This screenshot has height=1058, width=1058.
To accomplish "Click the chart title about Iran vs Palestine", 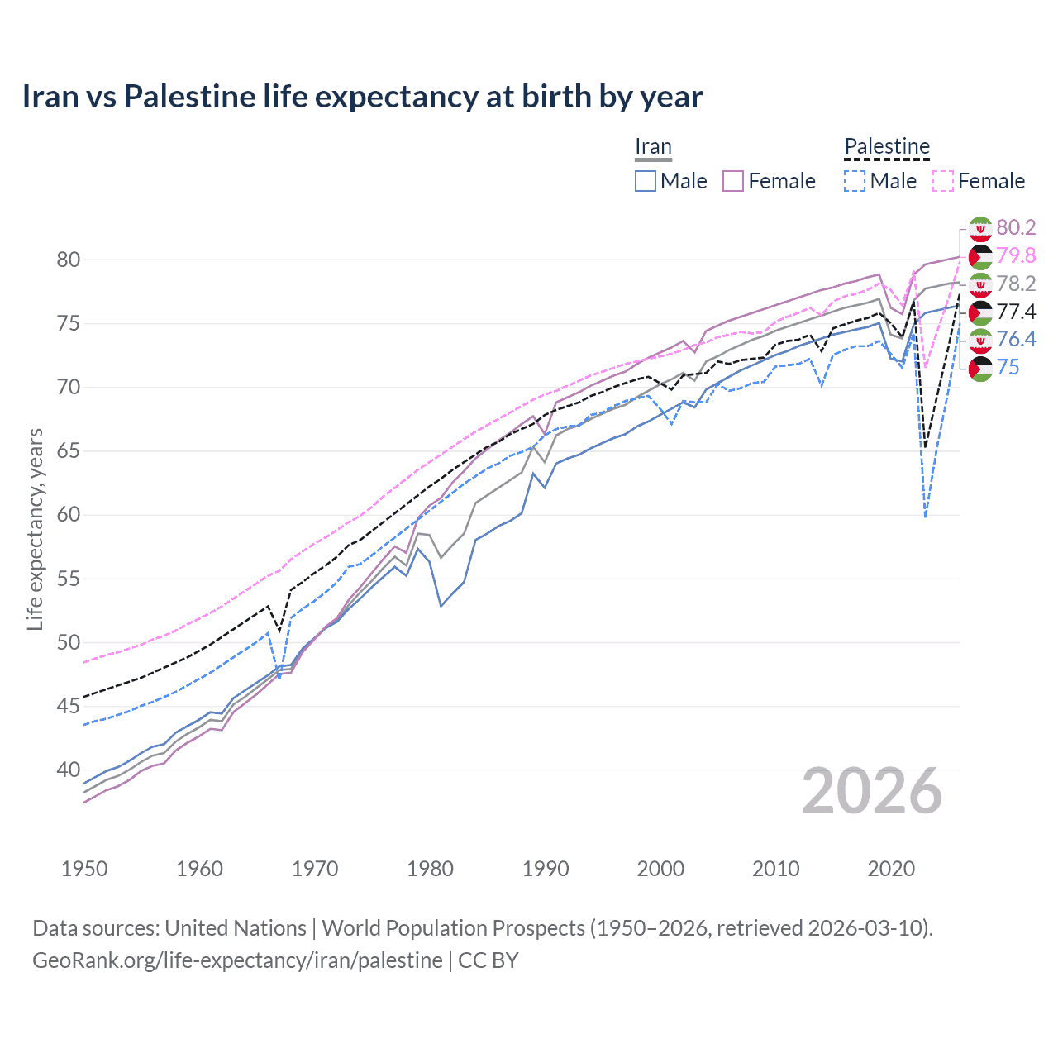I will click(362, 97).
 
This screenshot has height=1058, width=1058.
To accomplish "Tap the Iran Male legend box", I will click(646, 181).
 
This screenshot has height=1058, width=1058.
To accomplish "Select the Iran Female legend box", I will click(734, 181).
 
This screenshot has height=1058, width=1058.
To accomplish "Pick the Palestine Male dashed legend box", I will click(855, 181).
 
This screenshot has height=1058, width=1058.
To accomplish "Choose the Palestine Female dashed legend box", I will click(943, 181).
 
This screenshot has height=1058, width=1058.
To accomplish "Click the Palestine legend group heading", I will click(887, 146).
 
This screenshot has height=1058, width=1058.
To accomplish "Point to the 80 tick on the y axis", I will click(69, 260).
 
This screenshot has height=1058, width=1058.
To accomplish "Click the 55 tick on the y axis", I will click(69, 579).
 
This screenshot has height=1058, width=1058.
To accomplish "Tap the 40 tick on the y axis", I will click(69, 770).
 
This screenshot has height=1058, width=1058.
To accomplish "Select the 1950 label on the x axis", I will click(84, 869).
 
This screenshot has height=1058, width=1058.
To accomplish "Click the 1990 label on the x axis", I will click(546, 869).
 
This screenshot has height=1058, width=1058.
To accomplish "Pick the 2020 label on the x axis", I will click(891, 869).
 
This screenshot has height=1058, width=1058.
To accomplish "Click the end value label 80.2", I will click(1016, 227).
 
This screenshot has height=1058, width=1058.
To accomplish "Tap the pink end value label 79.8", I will click(1016, 255).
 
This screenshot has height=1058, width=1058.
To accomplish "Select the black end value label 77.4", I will click(1016, 312).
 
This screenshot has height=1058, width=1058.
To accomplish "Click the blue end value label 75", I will click(1008, 367).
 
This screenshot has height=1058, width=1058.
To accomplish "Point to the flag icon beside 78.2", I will click(980, 284).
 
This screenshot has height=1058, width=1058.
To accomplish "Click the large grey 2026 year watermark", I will click(872, 791).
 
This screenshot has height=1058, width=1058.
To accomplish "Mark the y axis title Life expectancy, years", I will click(36, 529).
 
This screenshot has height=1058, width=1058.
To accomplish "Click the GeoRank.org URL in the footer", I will click(237, 960).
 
